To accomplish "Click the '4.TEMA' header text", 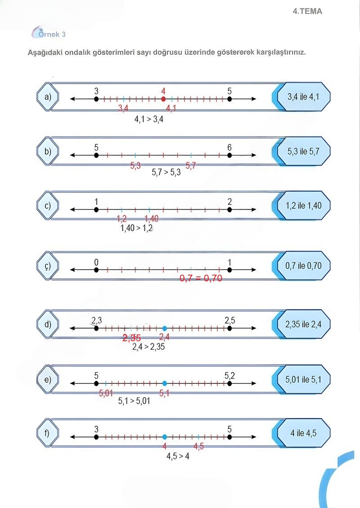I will click(x=307, y=12).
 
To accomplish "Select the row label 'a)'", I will click(x=48, y=97).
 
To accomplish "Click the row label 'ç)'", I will click(x=48, y=266).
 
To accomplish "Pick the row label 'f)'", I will click(x=48, y=434).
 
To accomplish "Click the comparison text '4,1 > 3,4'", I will click(x=148, y=120).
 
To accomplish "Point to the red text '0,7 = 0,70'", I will click(x=201, y=278).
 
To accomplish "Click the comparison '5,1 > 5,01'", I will click(x=134, y=401).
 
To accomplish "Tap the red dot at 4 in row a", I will click(x=163, y=99).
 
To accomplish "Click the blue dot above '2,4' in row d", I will click(x=165, y=329).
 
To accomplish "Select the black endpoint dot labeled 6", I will click(x=229, y=156).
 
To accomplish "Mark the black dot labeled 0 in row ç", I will click(x=96, y=270).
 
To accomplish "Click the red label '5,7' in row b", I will click(x=191, y=165).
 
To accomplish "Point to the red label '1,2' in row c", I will click(x=121, y=219).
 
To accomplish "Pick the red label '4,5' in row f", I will click(x=198, y=446).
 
